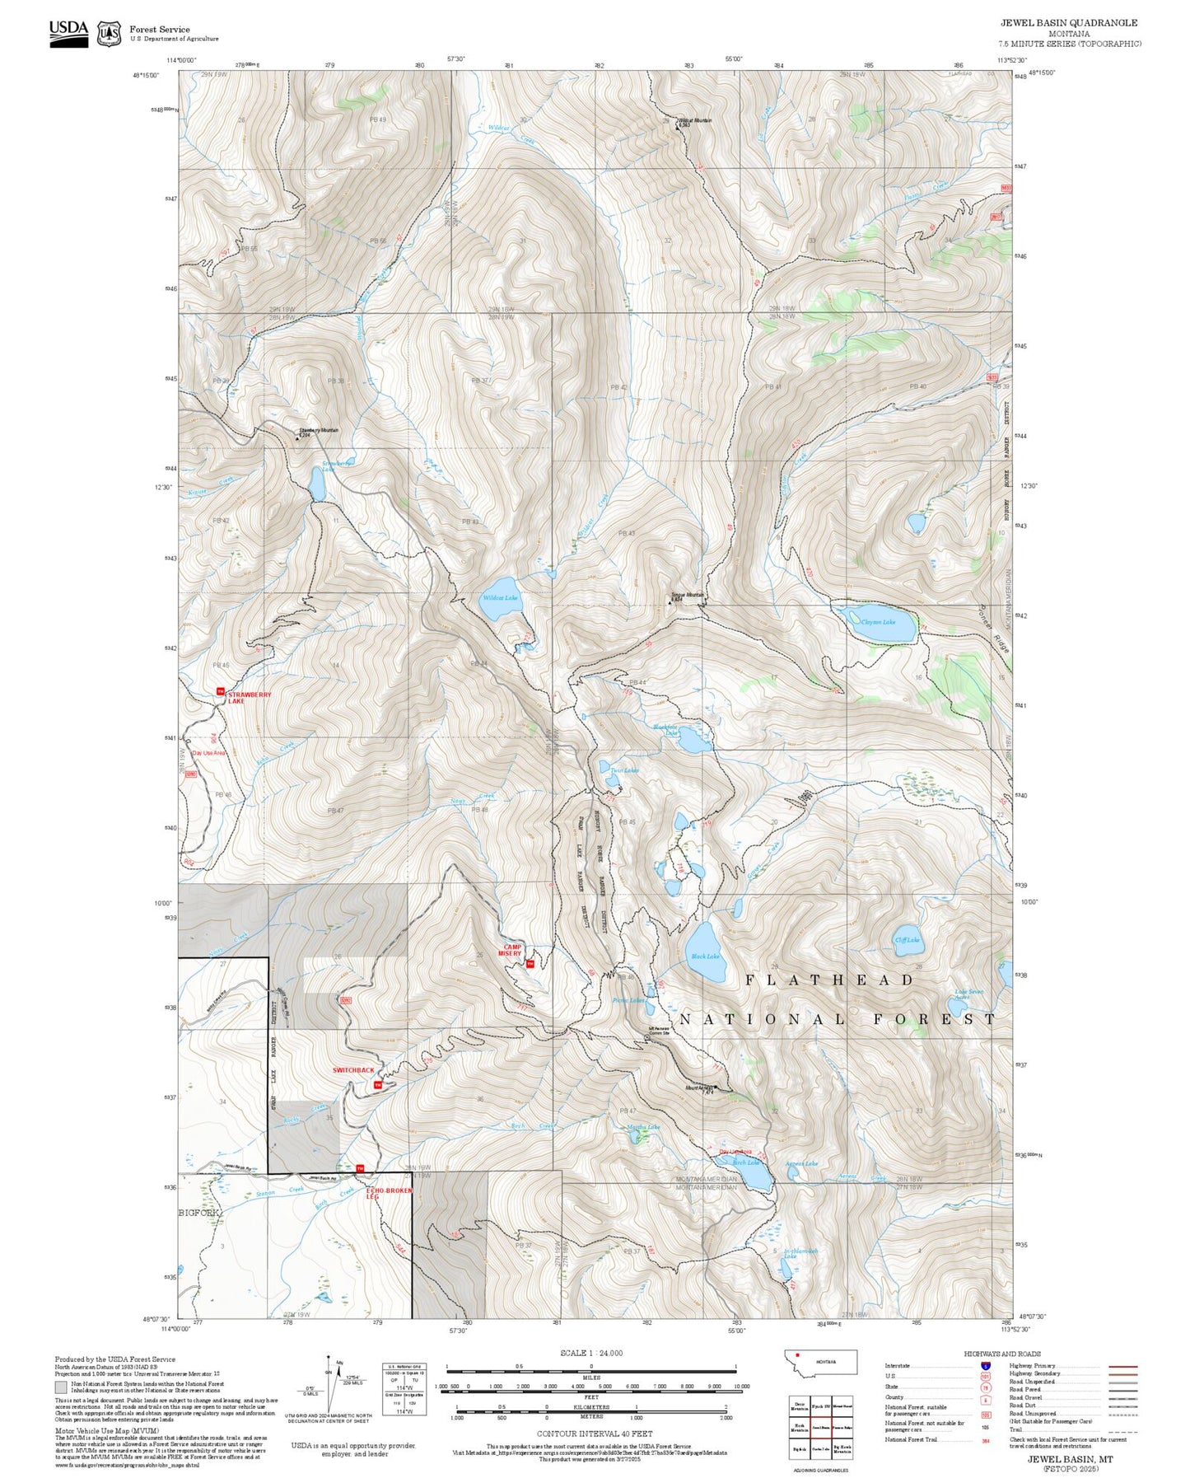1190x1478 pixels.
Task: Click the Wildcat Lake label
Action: (500, 597)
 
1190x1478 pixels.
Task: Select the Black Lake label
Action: (705, 956)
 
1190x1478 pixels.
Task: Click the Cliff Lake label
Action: (907, 939)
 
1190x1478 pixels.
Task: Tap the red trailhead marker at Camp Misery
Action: (530, 963)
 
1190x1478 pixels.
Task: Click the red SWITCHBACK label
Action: (353, 1070)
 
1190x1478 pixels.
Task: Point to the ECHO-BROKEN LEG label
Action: (389, 1193)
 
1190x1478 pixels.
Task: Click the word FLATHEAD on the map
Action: (829, 980)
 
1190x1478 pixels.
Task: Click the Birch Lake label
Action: (745, 1162)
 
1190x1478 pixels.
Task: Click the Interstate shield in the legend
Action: (985, 1366)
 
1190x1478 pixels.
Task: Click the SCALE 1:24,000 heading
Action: (591, 1354)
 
